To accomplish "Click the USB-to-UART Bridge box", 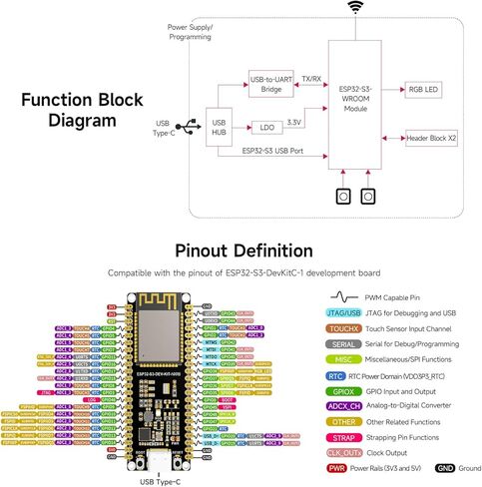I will [x=270, y=84].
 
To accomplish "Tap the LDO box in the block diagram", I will [x=266, y=128].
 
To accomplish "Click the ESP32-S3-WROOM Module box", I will [x=355, y=99].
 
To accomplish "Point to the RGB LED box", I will [x=425, y=90].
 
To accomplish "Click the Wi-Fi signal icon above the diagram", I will [x=355, y=8].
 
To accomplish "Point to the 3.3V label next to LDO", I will [x=294, y=120].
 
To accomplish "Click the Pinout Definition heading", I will [x=243, y=250].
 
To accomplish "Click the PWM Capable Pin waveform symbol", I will [x=343, y=297].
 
